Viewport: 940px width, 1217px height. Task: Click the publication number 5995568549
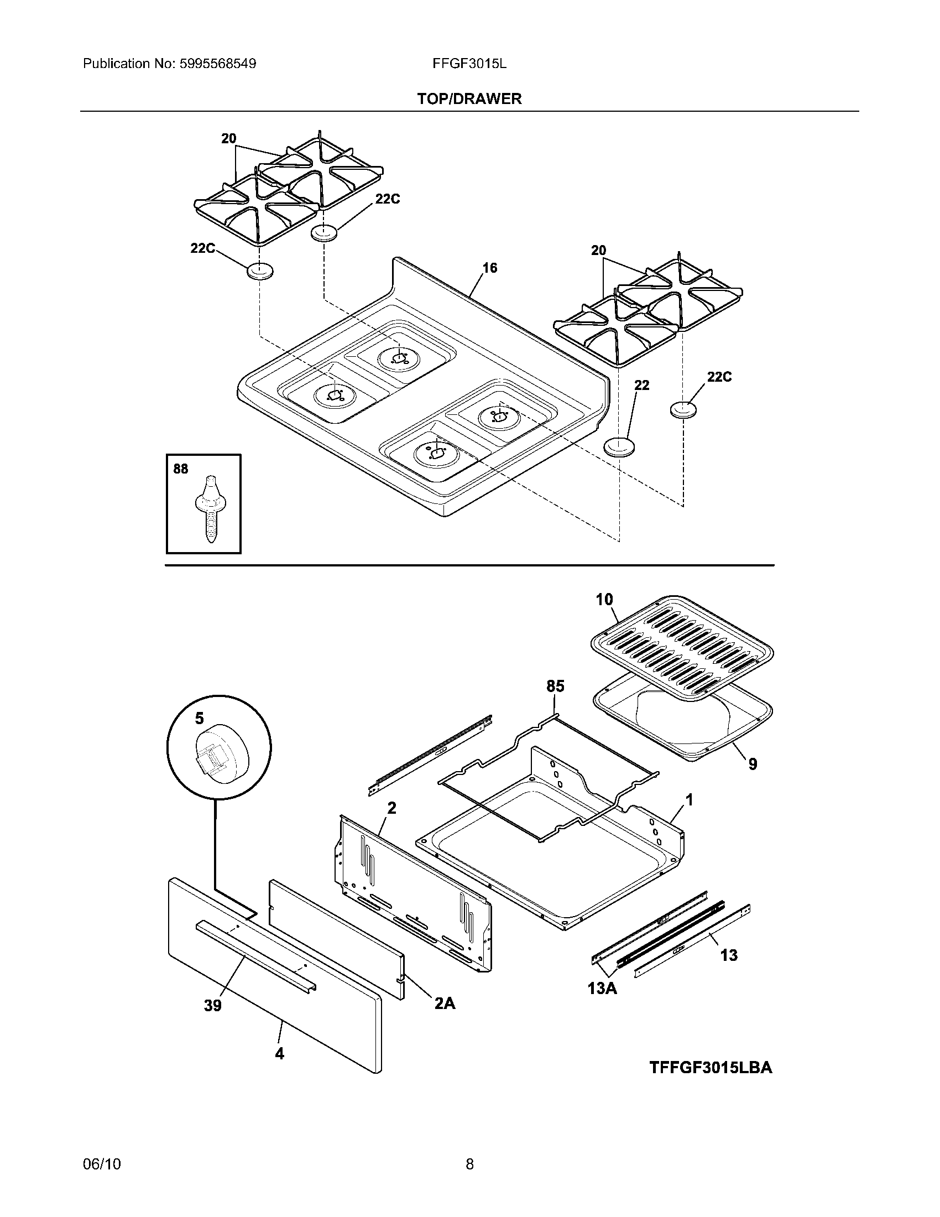click(x=217, y=64)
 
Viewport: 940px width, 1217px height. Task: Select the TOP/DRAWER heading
click(x=469, y=99)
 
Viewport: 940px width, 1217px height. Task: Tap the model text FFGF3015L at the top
click(x=469, y=64)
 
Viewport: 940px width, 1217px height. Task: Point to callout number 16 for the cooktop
click(x=489, y=268)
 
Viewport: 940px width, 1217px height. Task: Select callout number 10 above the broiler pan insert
click(x=604, y=600)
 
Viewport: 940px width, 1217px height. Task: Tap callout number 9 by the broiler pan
click(x=753, y=764)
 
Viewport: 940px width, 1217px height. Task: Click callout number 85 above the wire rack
click(x=555, y=686)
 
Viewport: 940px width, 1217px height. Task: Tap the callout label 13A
click(x=602, y=989)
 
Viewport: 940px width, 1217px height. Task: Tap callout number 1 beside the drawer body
click(x=689, y=800)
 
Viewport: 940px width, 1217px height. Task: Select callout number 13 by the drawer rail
click(x=728, y=955)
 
